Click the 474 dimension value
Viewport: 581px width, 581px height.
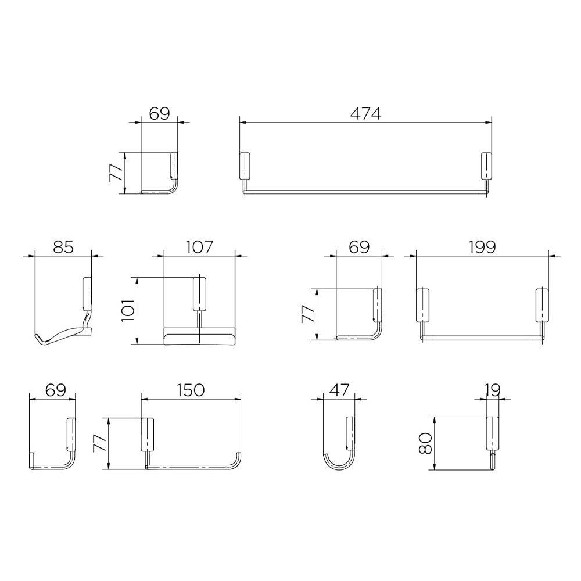[x=365, y=113]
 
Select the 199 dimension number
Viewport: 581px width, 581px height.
[x=482, y=247]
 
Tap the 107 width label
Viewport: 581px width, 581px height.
[x=199, y=247]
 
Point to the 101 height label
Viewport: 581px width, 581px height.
[x=127, y=311]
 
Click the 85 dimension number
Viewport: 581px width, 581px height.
[x=63, y=247]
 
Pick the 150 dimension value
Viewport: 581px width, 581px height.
[x=191, y=390]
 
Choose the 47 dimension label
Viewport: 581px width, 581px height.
[x=339, y=390]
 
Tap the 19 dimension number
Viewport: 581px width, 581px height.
[x=493, y=390]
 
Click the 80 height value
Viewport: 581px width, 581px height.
[x=426, y=443]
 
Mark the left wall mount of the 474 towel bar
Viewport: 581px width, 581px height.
[x=245, y=166]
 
